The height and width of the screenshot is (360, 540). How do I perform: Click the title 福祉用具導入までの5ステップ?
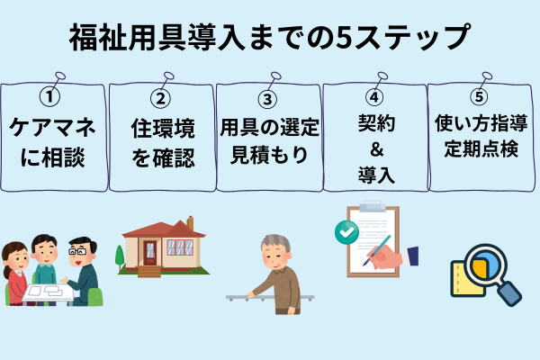[x=270, y=38]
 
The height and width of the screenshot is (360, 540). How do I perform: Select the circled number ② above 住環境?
[x=163, y=97]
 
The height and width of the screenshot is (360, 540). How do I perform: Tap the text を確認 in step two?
[x=163, y=158]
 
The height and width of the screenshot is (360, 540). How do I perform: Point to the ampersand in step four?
[x=373, y=147]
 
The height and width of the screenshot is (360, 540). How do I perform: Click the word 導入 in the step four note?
[x=373, y=173]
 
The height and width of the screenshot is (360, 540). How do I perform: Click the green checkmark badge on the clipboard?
[x=346, y=232]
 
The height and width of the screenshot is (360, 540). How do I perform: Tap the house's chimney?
[x=188, y=221]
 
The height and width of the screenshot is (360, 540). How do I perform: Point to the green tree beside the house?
[x=120, y=256]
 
